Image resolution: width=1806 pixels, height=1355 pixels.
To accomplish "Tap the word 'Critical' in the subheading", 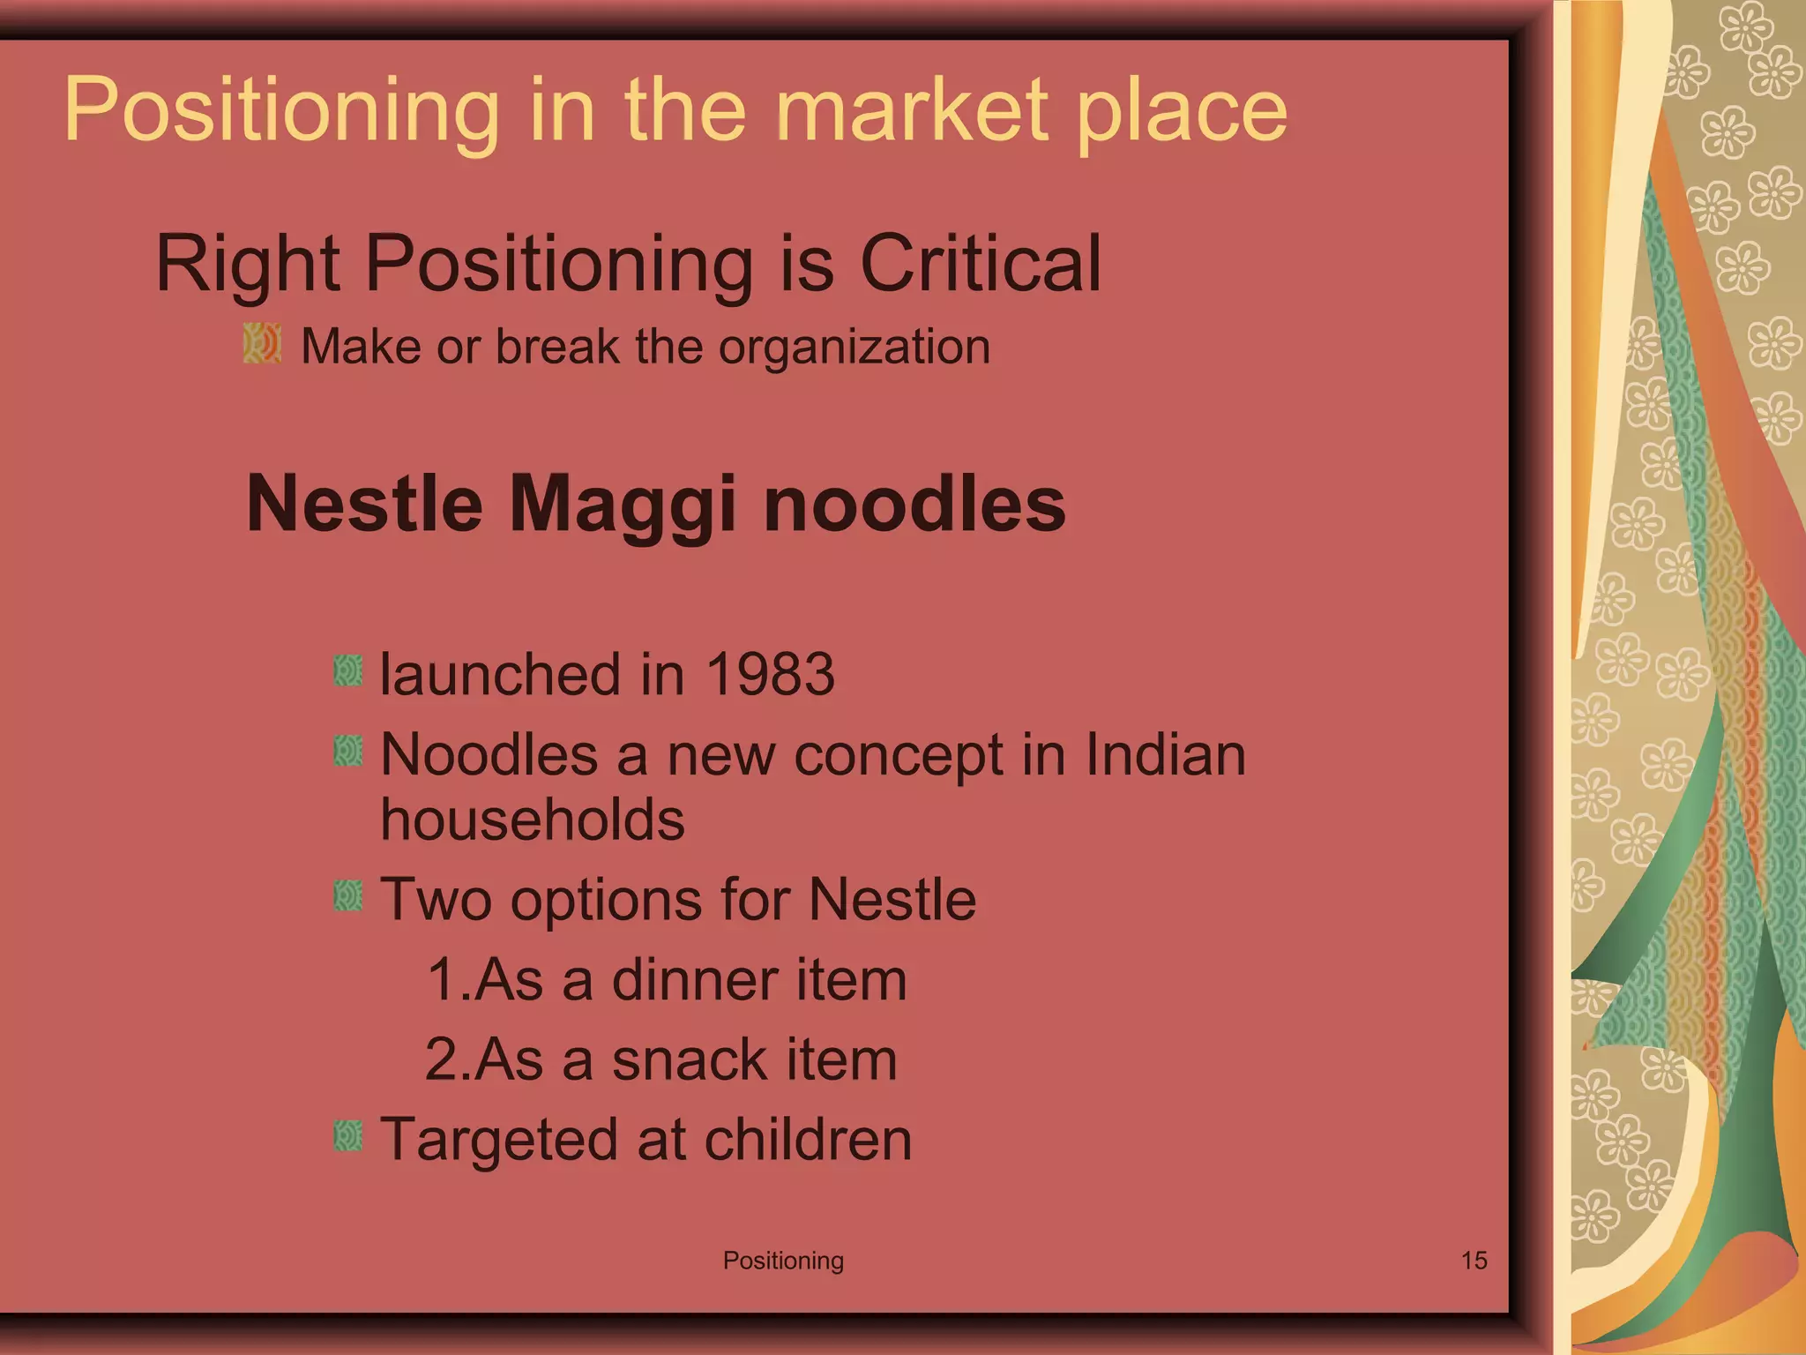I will [x=980, y=264].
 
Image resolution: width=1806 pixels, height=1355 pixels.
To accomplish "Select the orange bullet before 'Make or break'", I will [x=262, y=343].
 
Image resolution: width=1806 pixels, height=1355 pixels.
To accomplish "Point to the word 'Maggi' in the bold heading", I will [x=622, y=505].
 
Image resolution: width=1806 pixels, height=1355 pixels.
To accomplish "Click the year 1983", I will [x=770, y=675].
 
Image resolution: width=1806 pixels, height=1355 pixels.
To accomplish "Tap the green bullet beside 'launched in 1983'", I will [x=348, y=671].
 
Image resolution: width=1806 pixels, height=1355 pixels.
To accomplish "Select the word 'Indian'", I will [x=1165, y=756].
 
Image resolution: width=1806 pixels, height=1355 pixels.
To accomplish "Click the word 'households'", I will [x=532, y=820].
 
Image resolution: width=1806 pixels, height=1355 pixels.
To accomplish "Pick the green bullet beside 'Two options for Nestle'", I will [x=348, y=896].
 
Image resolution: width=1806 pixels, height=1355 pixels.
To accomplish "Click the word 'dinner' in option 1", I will [x=695, y=980].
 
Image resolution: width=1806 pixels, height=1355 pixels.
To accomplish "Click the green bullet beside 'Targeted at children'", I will [x=348, y=1136].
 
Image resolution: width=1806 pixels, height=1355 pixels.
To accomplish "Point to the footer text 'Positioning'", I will [x=783, y=1261].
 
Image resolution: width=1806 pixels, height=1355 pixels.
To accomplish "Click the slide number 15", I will [x=1474, y=1261].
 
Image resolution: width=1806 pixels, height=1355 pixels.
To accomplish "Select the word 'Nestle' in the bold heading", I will [x=364, y=505].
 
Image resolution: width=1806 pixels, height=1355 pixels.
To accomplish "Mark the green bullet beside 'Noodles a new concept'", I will [x=348, y=752].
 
